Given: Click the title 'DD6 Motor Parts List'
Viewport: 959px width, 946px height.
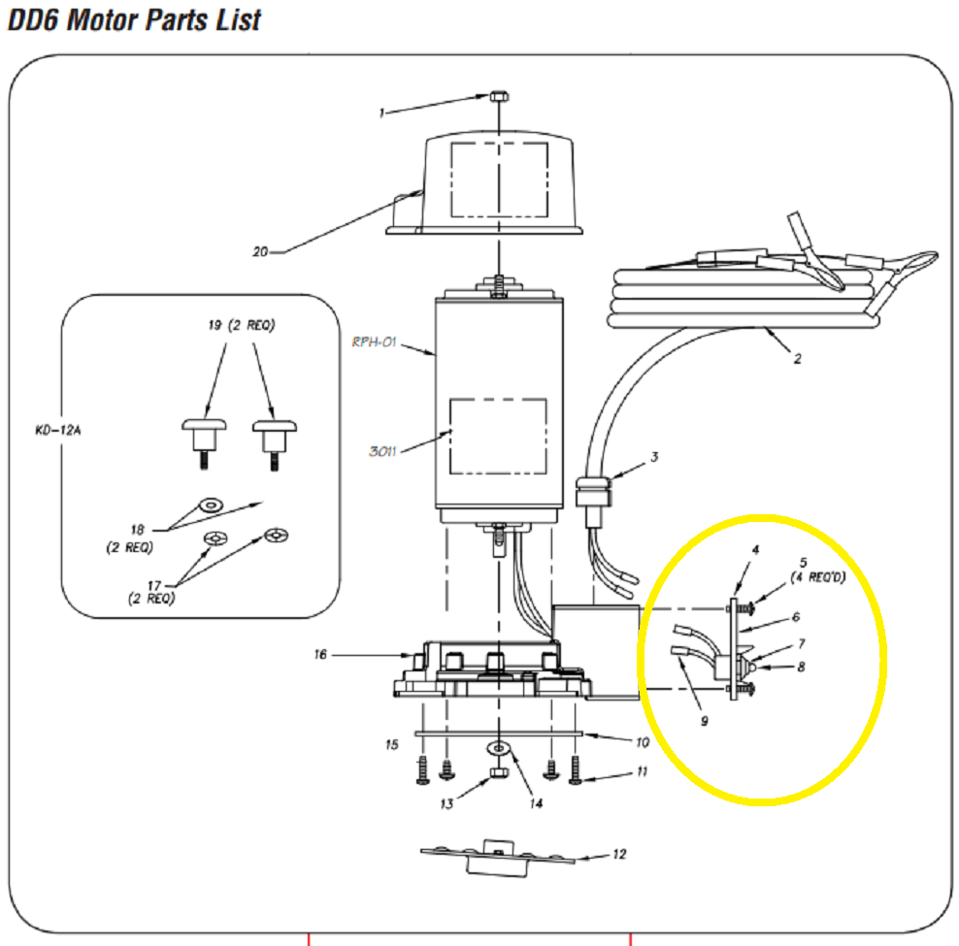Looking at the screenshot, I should coord(134,19).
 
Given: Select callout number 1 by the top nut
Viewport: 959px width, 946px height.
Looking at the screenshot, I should coord(382,113).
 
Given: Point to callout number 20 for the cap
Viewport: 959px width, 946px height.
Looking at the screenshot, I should coord(259,251).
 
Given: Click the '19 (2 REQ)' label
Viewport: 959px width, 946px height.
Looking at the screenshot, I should coord(242,326).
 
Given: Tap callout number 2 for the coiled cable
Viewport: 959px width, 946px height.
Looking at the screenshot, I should coord(797,359).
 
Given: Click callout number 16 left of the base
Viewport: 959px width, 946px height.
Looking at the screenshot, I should coord(319,655).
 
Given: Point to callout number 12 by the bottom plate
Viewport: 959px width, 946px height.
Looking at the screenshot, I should coord(619,855).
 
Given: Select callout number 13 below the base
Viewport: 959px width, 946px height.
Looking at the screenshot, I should coord(446,804).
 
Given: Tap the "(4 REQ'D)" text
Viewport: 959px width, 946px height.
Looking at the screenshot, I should coord(818,576).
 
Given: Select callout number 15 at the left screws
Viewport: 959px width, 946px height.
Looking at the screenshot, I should coord(391,745).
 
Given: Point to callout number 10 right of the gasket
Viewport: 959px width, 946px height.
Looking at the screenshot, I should coord(642,743).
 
